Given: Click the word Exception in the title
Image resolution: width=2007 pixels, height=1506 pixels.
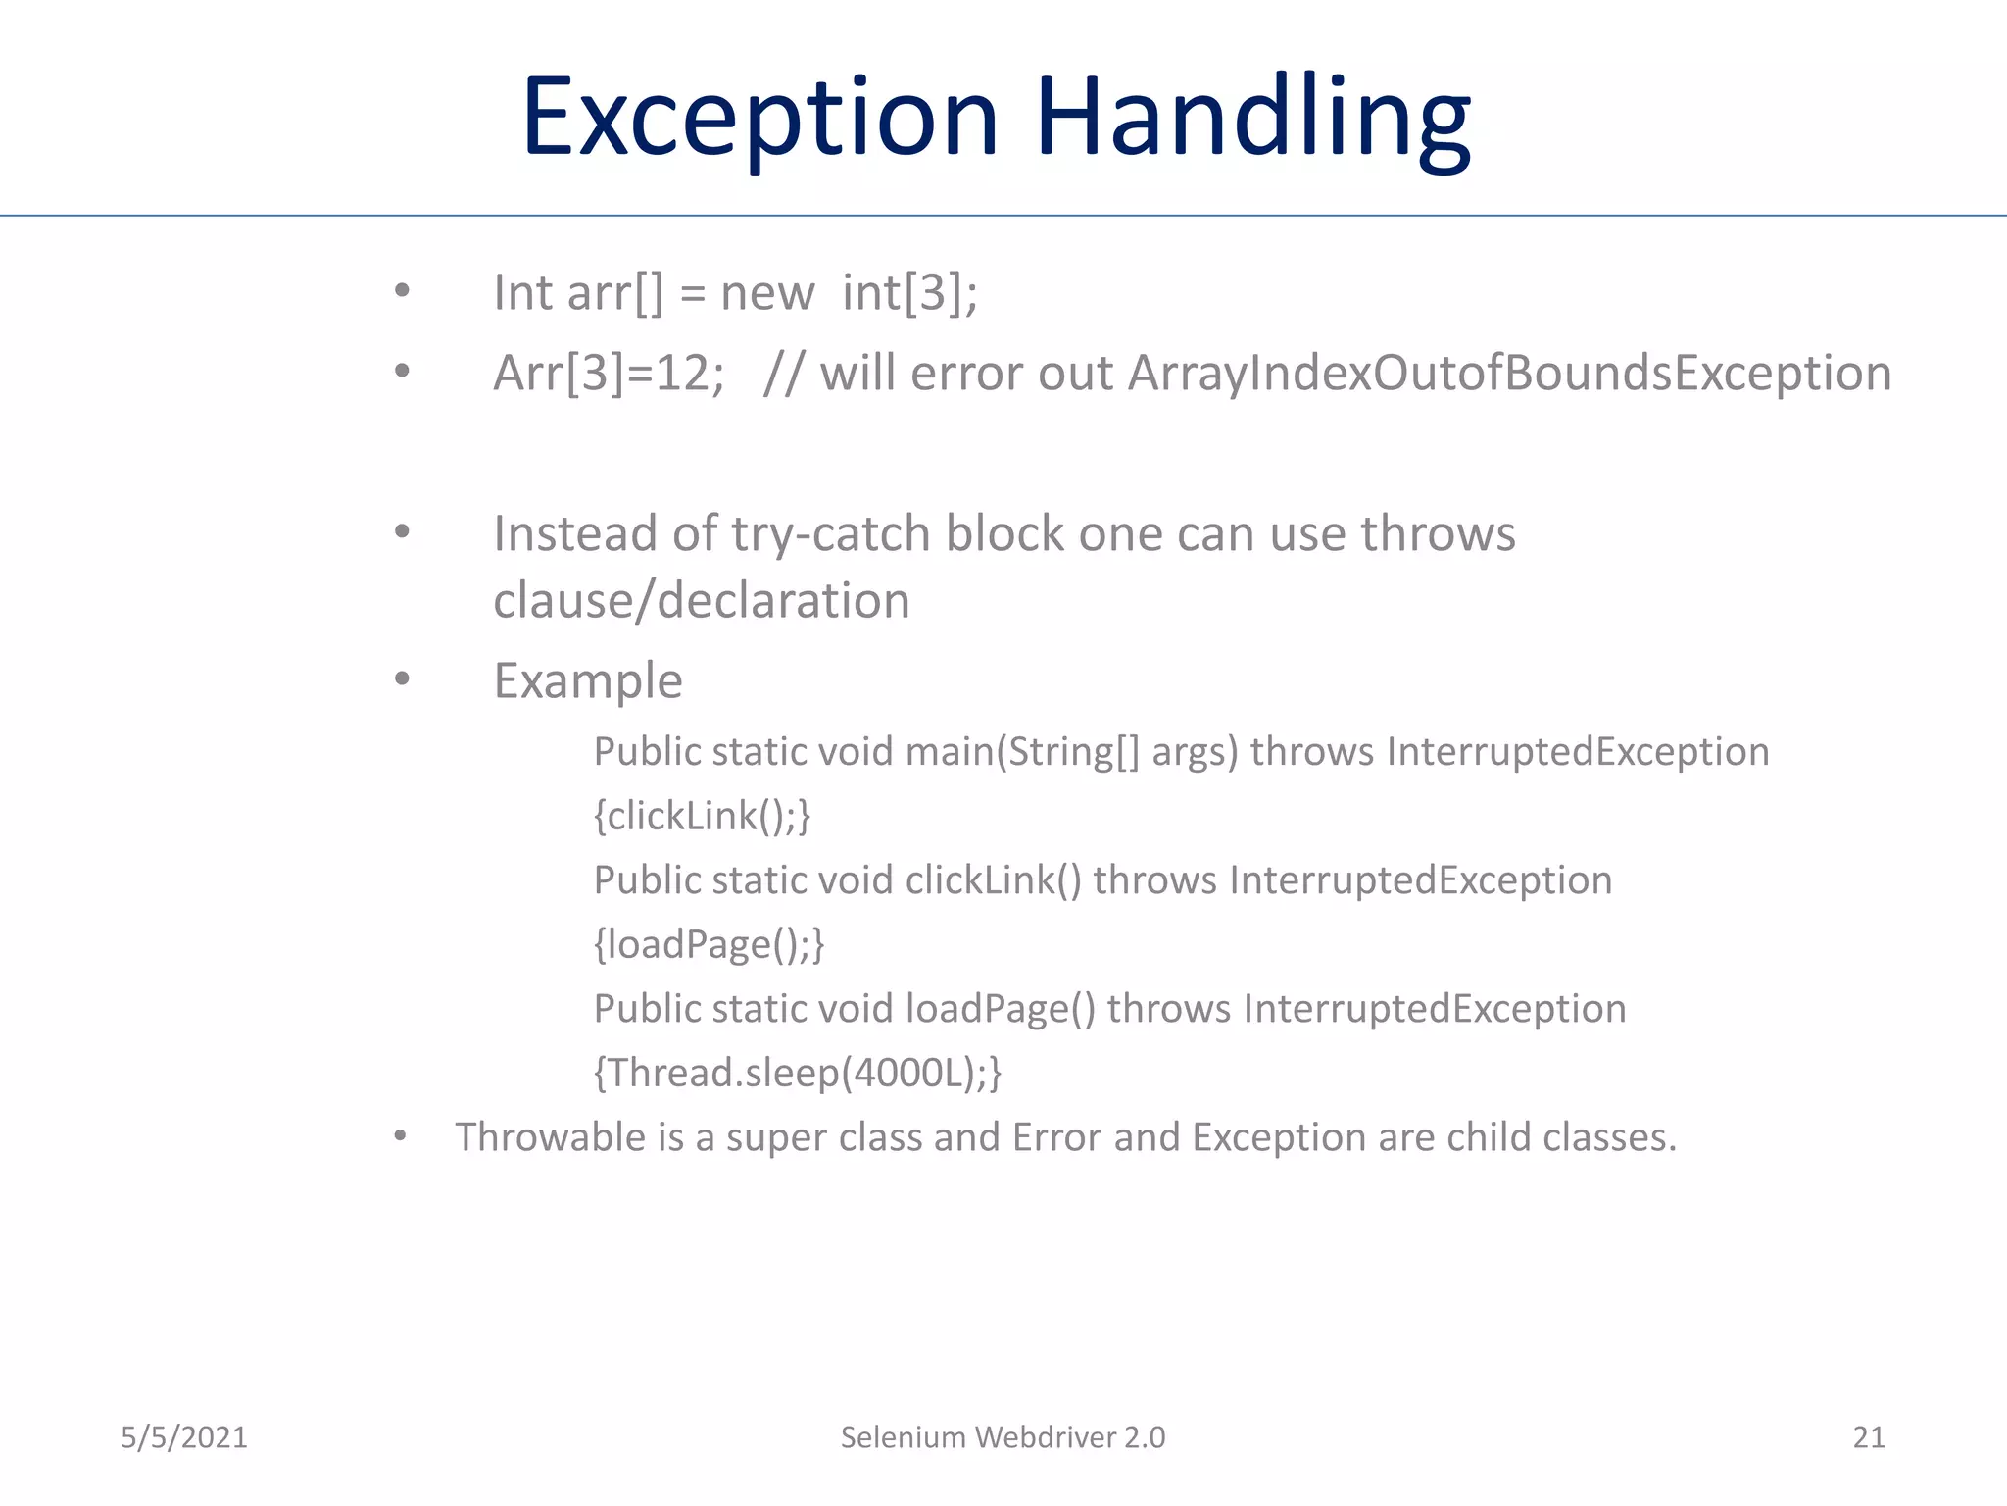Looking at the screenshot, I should pyautogui.click(x=759, y=118).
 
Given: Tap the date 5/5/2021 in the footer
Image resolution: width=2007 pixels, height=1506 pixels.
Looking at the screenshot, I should pyautogui.click(x=184, y=1437).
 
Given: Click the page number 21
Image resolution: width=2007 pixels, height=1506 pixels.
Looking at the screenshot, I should pyautogui.click(x=1868, y=1437).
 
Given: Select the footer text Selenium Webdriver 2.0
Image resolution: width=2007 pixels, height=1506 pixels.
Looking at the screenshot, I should pyautogui.click(x=1003, y=1437).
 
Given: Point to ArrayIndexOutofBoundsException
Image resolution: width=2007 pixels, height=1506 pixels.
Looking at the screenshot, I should pyautogui.click(x=1509, y=374).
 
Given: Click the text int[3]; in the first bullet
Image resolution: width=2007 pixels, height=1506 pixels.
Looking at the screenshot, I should pyautogui.click(x=909, y=293).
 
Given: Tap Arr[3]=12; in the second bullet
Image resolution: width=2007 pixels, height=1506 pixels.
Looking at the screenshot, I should pyautogui.click(x=609, y=374).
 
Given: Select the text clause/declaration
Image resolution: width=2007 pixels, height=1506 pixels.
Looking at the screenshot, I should pyautogui.click(x=702, y=600).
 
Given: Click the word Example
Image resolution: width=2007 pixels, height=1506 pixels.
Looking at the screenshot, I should pyautogui.click(x=588, y=680).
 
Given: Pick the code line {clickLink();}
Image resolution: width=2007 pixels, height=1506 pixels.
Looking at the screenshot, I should pyautogui.click(x=702, y=816).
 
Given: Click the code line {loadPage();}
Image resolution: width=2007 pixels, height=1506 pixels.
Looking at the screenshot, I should pyautogui.click(x=709, y=944).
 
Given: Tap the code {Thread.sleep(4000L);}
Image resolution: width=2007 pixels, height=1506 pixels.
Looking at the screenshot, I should pyautogui.click(x=798, y=1073).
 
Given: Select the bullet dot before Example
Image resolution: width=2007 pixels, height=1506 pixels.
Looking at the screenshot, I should pyautogui.click(x=402, y=678).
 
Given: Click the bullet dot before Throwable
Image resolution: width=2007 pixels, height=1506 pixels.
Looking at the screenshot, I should pyautogui.click(x=400, y=1136).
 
